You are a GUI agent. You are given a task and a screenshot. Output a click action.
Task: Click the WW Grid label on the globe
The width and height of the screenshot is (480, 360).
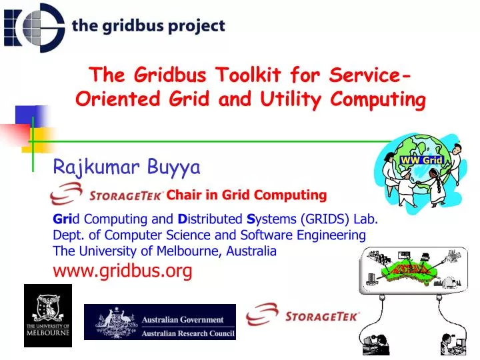click(x=421, y=160)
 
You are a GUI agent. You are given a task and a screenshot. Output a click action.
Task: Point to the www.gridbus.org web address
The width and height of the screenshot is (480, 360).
click(x=123, y=270)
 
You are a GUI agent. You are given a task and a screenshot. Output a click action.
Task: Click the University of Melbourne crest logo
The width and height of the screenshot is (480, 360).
click(x=48, y=315)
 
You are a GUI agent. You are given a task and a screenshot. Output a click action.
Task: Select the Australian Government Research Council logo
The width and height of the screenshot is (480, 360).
click(x=160, y=322)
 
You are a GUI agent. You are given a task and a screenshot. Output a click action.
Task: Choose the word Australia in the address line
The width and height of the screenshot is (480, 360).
click(x=252, y=251)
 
